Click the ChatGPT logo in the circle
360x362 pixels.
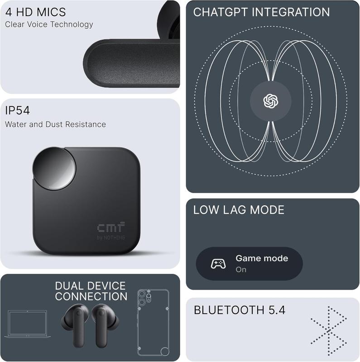[x=270, y=100]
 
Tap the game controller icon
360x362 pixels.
[x=218, y=263]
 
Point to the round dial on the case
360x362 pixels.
[x=54, y=168]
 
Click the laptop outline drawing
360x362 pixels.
[x=28, y=324]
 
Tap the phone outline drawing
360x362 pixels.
[x=153, y=323]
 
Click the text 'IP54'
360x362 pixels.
[x=17, y=111]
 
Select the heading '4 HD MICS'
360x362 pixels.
[x=35, y=12]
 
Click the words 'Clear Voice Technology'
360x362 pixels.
[x=49, y=24]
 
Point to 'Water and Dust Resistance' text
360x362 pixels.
[x=55, y=124]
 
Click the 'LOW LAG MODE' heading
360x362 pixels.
[x=239, y=210]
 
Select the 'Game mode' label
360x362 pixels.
[x=262, y=258]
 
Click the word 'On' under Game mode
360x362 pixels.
[x=241, y=269]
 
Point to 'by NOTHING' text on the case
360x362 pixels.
[x=111, y=238]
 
